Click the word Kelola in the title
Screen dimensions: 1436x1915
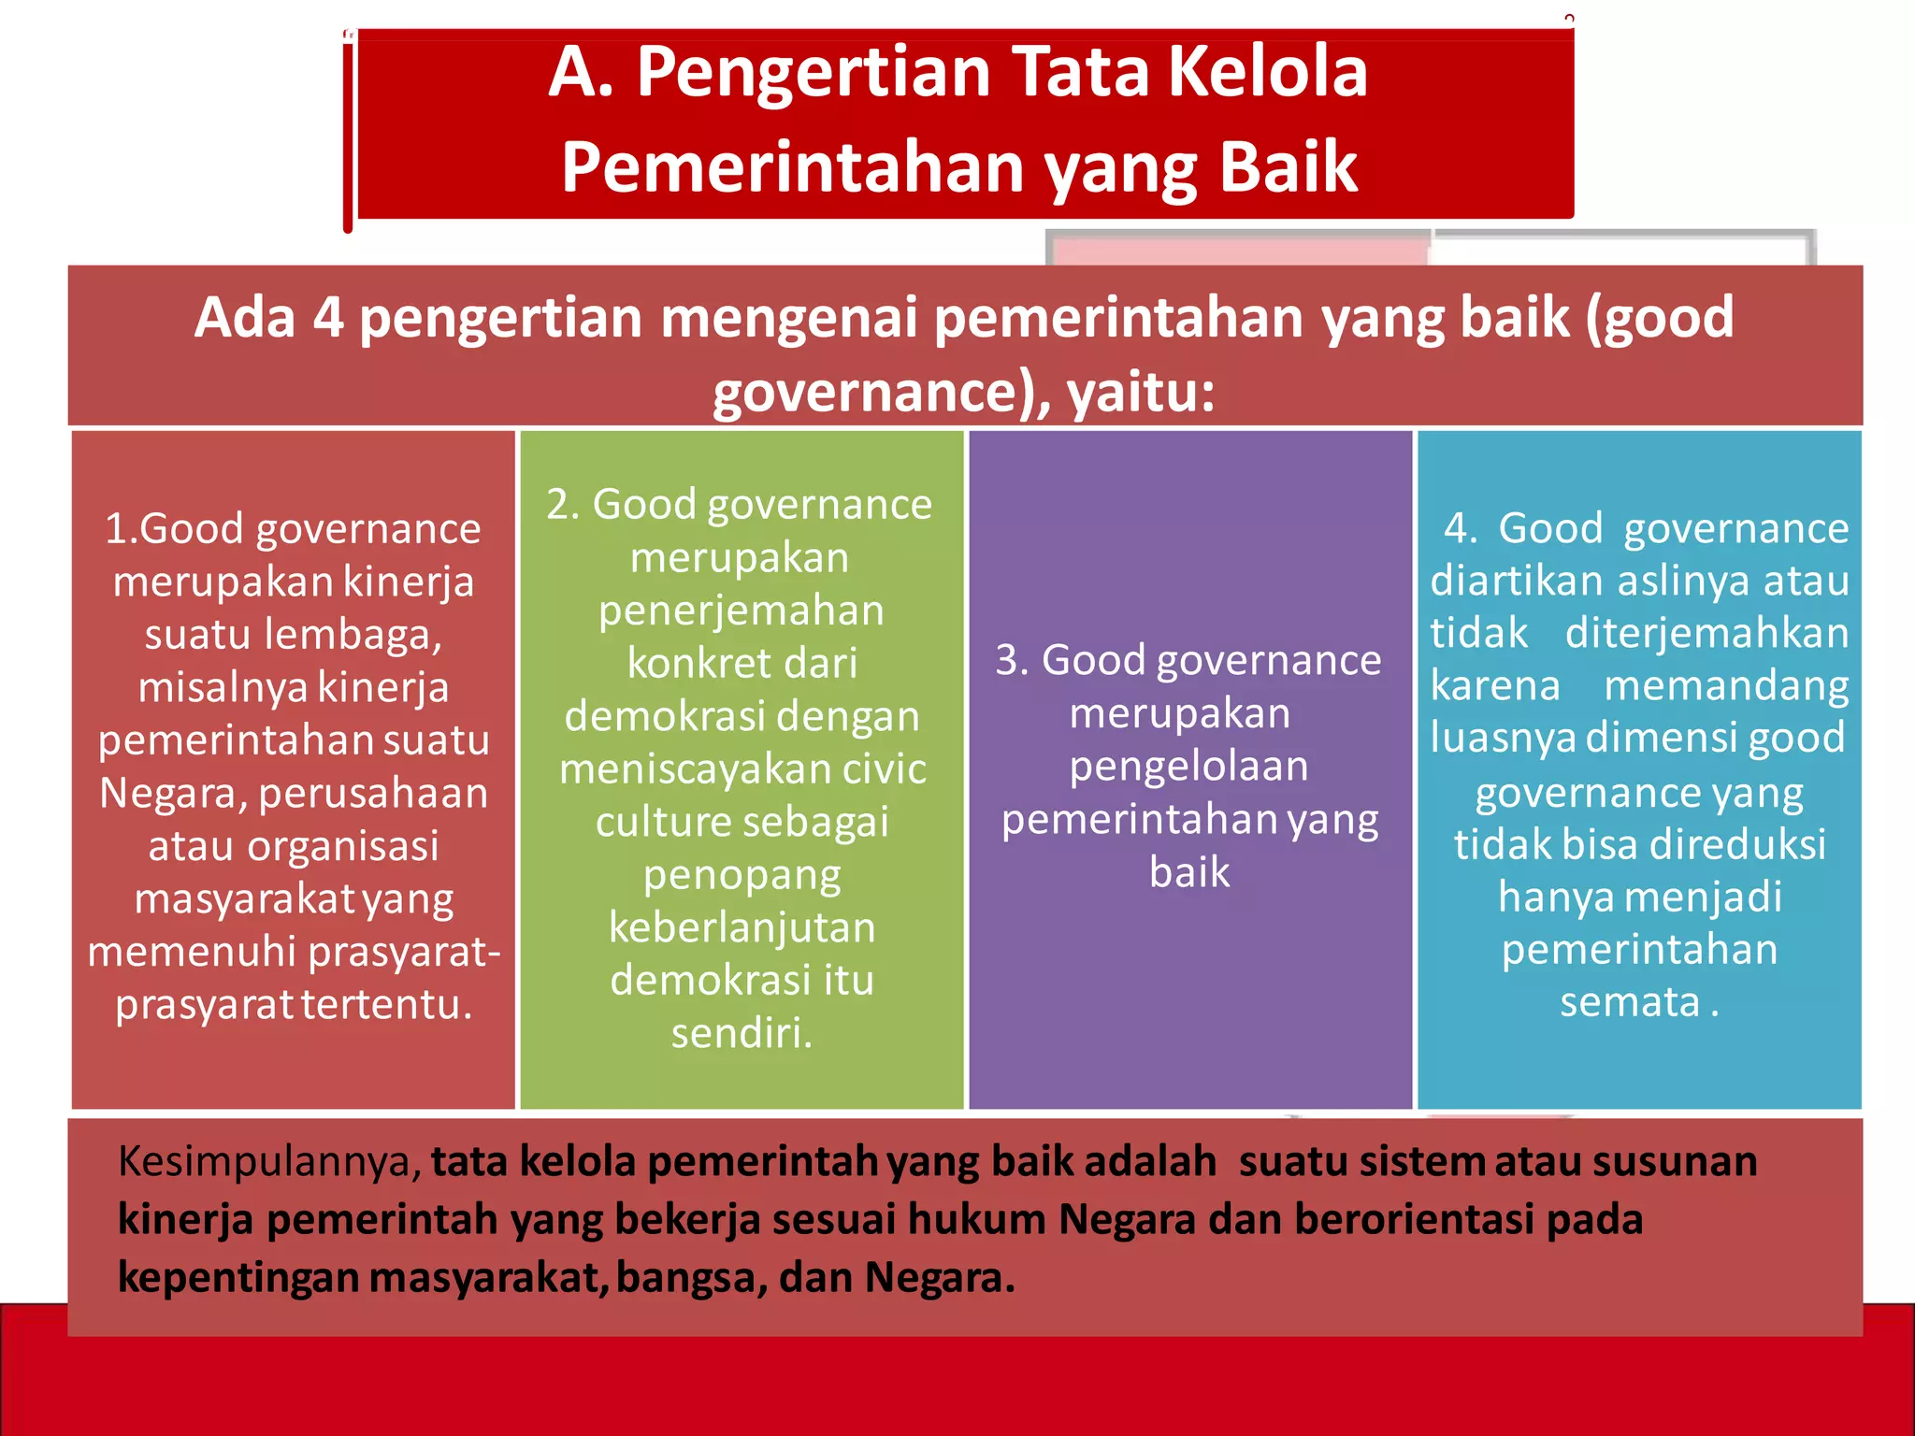(1268, 72)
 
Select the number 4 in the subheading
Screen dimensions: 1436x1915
(327, 318)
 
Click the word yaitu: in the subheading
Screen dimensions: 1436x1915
(1141, 392)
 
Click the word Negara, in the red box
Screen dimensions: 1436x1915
(173, 794)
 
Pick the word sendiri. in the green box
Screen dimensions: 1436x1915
(742, 1034)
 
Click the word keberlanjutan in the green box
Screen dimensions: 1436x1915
(742, 928)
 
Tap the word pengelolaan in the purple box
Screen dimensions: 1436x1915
(1188, 767)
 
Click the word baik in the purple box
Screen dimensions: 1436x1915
(1188, 872)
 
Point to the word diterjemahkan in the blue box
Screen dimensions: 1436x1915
(1706, 634)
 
